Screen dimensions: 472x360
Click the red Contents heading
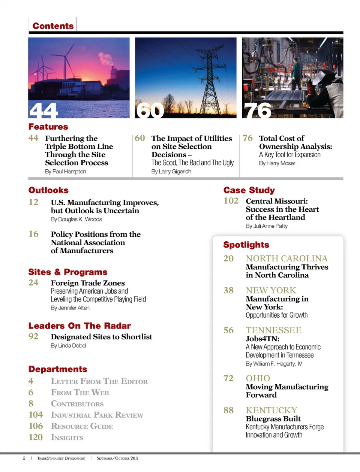53,26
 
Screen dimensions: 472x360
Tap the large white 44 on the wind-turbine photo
43,111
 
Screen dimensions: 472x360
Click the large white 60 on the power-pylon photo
150,111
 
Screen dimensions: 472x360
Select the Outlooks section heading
48,190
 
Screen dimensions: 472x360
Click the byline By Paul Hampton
66,172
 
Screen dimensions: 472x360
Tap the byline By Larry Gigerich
171,172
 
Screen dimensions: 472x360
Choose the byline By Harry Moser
277,163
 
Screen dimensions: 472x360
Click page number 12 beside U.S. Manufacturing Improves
33,202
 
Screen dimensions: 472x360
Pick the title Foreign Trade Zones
88,283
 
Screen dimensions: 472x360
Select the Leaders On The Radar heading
79,326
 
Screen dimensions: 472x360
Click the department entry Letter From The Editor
99,381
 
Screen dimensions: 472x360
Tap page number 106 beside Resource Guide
36,426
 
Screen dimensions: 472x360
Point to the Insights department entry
67,438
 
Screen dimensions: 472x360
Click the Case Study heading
249,190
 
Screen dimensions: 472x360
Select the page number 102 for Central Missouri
231,201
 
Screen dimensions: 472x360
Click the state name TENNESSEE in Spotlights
274,330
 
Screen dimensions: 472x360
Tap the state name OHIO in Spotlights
258,378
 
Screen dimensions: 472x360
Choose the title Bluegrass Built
273,419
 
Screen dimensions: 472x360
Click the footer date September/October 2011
117,458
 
